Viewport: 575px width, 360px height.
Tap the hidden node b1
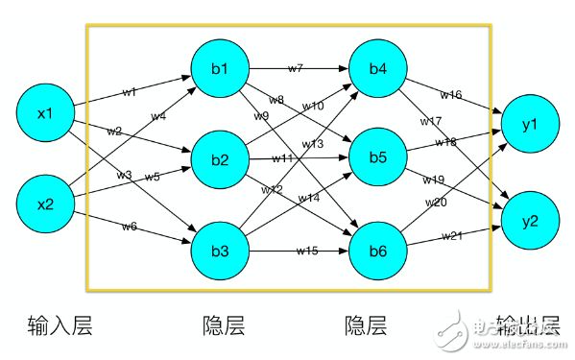221,69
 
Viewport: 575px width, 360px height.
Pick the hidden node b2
221,158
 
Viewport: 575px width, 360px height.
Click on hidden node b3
221,252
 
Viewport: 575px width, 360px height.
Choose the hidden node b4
377,69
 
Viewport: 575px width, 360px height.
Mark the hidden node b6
377,252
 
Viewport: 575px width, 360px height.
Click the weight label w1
129,92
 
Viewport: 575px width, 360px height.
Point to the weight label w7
295,68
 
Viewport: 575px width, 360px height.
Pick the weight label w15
306,250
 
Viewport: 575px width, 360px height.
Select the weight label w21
452,235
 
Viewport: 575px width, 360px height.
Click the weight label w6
129,226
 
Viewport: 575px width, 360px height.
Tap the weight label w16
450,94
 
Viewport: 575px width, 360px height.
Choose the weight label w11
281,157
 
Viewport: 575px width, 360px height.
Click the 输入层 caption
54,326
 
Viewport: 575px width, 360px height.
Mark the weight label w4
158,116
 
